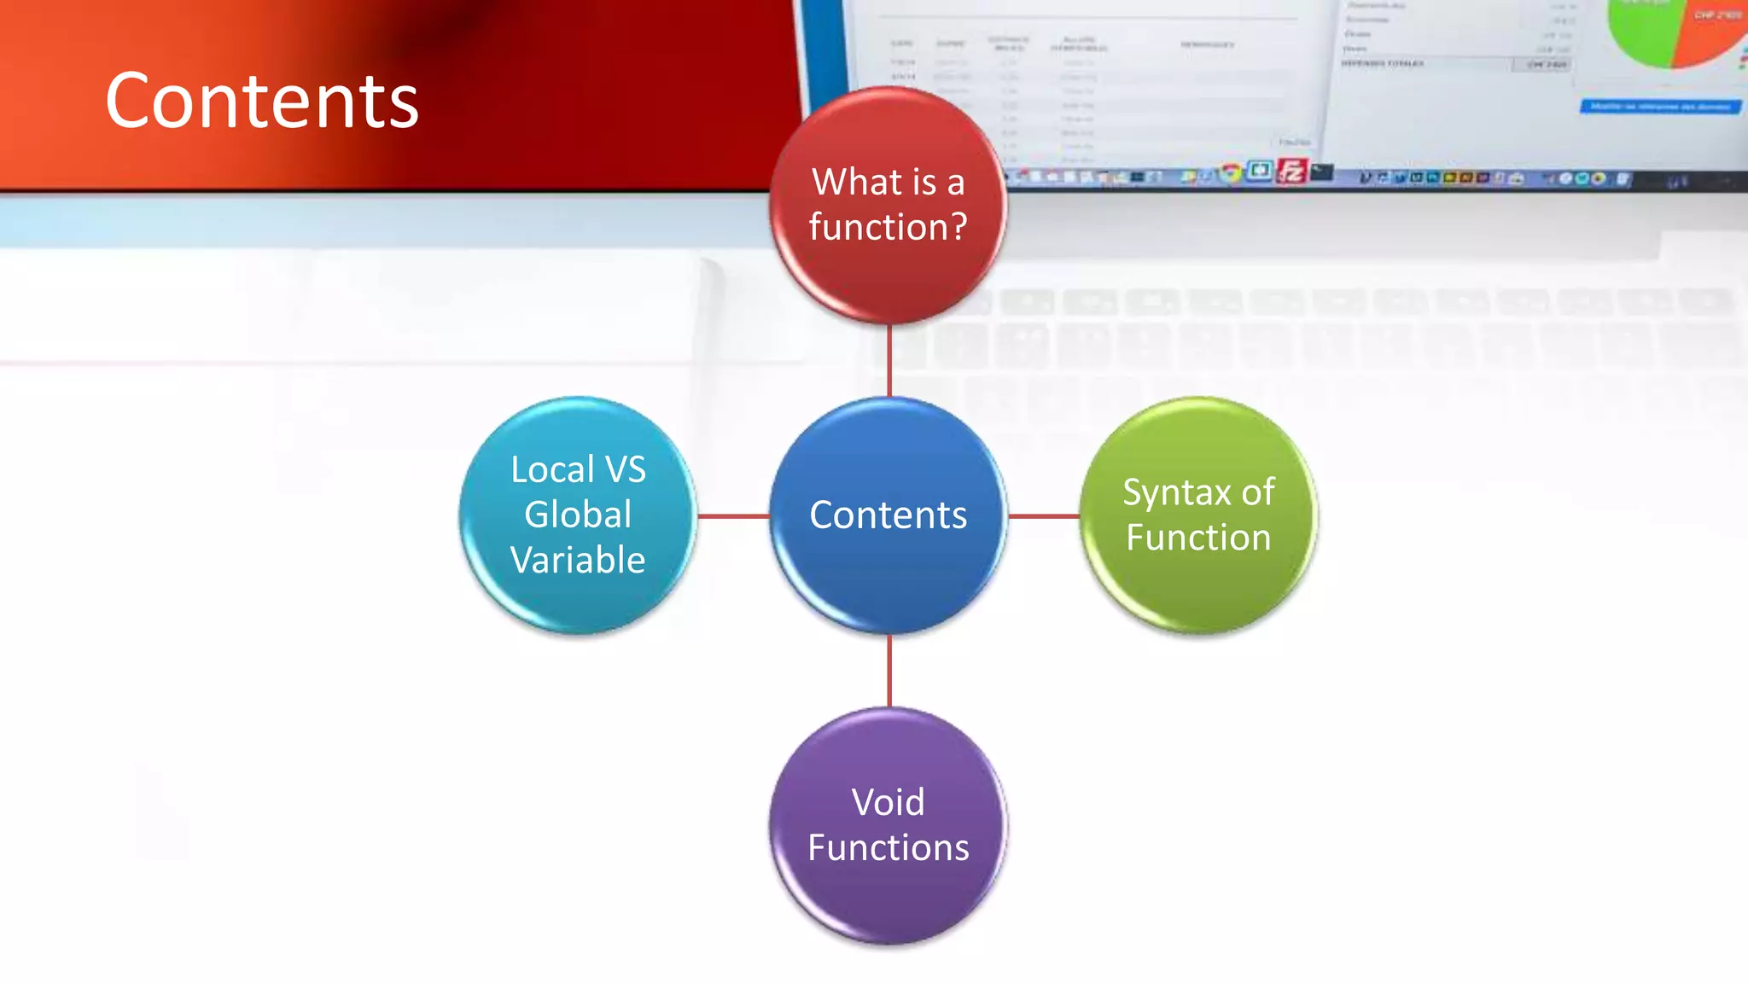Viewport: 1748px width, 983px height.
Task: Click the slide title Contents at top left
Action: (261, 102)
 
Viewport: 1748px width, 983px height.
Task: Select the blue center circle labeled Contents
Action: (888, 515)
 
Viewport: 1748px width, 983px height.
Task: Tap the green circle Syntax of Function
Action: (1198, 515)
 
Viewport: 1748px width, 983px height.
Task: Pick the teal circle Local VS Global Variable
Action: (578, 515)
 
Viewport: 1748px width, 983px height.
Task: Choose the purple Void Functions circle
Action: (888, 825)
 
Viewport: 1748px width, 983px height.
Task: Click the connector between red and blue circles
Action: (889, 360)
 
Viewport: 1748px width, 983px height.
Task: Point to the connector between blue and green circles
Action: (1044, 516)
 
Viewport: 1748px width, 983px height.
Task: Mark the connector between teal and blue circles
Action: (733, 516)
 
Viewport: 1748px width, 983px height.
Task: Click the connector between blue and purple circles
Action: (889, 671)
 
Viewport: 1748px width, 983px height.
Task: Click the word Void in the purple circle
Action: (888, 802)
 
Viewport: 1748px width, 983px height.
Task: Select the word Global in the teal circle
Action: (578, 515)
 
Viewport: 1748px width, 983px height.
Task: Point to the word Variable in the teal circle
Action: (578, 560)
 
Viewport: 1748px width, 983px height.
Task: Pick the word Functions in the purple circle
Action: (888, 847)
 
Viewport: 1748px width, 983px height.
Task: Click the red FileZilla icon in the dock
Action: (1291, 172)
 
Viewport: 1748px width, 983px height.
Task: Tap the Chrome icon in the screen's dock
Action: (1230, 172)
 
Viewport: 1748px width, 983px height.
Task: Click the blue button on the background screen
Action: (1659, 107)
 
